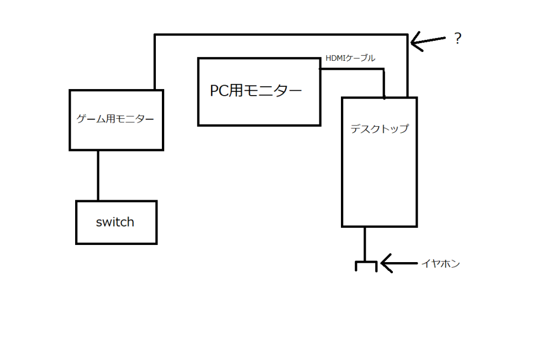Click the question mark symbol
pyautogui.click(x=457, y=39)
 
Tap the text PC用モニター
pyautogui.click(x=256, y=91)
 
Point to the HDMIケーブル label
pyautogui.click(x=350, y=58)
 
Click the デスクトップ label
pyautogui.click(x=380, y=129)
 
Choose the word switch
pyautogui.click(x=115, y=222)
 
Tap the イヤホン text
pyautogui.click(x=440, y=264)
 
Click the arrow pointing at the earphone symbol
pyautogui.click(x=398, y=264)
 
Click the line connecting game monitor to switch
pyautogui.click(x=98, y=175)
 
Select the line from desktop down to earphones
pyautogui.click(x=365, y=243)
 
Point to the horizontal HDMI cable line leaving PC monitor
pyautogui.click(x=351, y=69)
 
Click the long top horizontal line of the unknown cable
pyautogui.click(x=282, y=35)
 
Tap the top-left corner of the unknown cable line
pyautogui.click(x=155, y=35)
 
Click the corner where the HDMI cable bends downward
pyautogui.click(x=383, y=70)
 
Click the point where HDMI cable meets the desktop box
pyautogui.click(x=384, y=97)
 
